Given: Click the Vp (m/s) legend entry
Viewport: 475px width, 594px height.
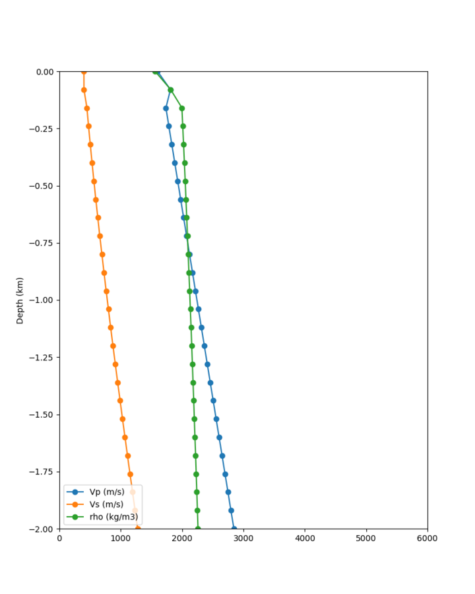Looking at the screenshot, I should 106,492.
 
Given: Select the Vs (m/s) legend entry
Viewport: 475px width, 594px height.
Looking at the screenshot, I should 106,504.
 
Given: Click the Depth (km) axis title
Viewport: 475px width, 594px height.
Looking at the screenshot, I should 20,300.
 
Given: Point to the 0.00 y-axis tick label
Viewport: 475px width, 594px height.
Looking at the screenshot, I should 45,71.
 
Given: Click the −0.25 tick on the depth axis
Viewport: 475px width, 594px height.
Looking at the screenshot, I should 42,129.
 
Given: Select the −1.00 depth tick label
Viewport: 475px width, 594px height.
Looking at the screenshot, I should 42,300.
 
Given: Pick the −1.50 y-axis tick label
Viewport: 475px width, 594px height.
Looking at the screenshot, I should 42,414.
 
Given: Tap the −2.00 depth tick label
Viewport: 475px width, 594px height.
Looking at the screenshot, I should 42,529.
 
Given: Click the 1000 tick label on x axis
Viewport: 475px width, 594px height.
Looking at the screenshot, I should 121,539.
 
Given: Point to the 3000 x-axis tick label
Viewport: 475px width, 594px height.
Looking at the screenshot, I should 243,539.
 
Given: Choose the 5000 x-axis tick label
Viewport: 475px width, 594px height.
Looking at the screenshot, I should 366,539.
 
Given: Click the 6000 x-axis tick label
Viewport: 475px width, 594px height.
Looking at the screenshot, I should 427,539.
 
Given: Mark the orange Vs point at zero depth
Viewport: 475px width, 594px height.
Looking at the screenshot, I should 84,71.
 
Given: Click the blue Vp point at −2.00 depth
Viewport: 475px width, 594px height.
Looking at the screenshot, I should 234,529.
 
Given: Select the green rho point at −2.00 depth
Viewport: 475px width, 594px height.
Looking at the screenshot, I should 198,529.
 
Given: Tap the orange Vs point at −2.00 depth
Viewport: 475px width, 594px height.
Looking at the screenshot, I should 138,529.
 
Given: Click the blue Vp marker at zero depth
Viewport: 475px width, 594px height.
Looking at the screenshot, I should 158,71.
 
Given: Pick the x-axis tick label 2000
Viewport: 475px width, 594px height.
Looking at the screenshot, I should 182,539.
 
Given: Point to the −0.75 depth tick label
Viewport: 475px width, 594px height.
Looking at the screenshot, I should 42,243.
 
